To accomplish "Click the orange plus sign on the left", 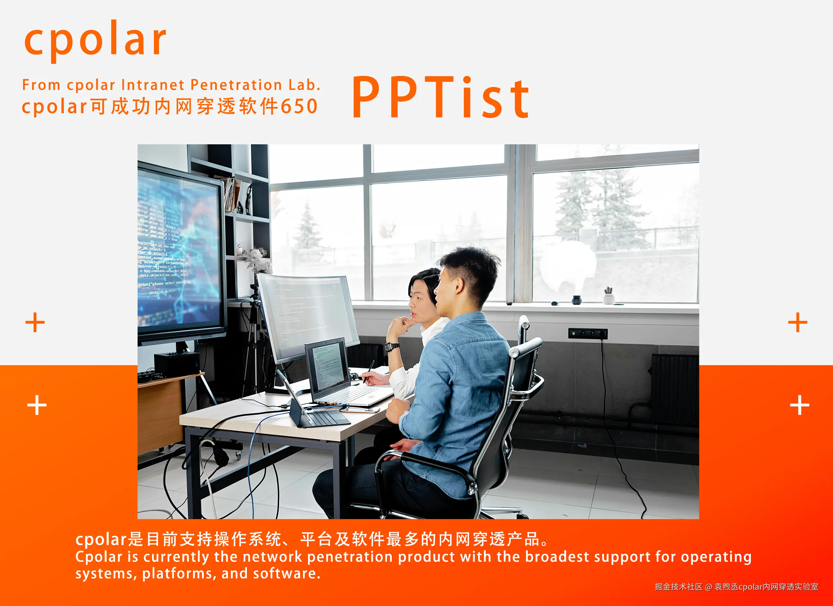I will click(x=35, y=323).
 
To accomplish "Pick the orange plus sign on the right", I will click(x=797, y=323).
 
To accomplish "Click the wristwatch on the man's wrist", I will click(x=392, y=347).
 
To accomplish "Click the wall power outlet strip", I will click(x=588, y=333).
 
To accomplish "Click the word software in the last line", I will click(x=285, y=574).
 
